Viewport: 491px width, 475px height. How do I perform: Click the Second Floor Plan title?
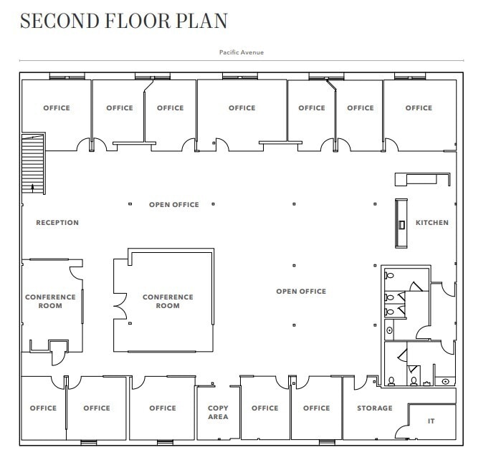click(123, 21)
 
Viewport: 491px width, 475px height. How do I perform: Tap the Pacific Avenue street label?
click(242, 52)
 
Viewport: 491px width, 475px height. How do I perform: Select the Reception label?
click(57, 223)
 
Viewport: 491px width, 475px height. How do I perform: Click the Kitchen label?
click(432, 223)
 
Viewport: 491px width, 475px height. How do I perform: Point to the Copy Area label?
click(218, 413)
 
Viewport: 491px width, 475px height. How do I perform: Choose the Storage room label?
click(375, 408)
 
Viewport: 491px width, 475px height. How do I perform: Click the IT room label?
click(432, 421)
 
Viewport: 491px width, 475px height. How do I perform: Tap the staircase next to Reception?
click(33, 160)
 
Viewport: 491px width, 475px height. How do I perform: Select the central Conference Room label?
click(168, 302)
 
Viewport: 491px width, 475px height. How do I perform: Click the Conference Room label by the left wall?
click(50, 302)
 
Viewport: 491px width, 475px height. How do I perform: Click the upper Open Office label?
click(174, 205)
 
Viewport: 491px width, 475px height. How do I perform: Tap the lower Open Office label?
click(301, 292)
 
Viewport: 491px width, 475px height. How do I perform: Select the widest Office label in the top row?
click(242, 108)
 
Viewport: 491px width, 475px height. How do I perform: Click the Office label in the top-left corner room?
click(57, 108)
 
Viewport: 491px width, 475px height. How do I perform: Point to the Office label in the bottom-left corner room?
click(43, 408)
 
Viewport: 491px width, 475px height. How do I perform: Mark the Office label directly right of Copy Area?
click(264, 408)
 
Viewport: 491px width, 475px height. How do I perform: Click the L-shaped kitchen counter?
click(423, 178)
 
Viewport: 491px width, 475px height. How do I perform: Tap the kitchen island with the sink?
click(401, 224)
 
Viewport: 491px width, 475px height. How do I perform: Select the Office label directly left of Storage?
click(316, 408)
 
